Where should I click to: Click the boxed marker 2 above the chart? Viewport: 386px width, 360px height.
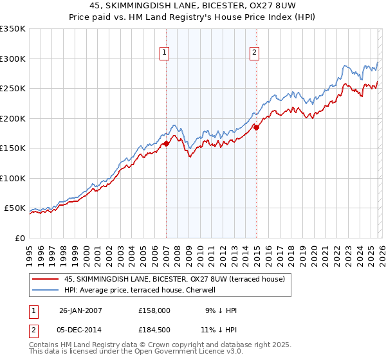click(x=255, y=53)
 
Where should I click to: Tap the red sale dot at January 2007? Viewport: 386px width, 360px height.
click(x=166, y=143)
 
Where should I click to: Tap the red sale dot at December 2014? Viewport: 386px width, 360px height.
click(x=256, y=127)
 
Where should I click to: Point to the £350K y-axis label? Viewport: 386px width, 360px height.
click(x=12, y=29)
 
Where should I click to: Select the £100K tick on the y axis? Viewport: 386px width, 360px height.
click(x=12, y=178)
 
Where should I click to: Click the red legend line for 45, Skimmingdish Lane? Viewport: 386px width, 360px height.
click(x=46, y=279)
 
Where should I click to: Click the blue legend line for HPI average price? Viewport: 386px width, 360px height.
click(x=46, y=290)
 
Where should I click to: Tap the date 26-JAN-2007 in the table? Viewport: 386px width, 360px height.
click(x=80, y=310)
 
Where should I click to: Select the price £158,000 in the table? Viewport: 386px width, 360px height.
click(x=154, y=310)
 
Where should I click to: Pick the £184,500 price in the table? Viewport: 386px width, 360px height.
click(x=154, y=330)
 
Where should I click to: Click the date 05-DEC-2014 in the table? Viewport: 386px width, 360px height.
click(x=80, y=330)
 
